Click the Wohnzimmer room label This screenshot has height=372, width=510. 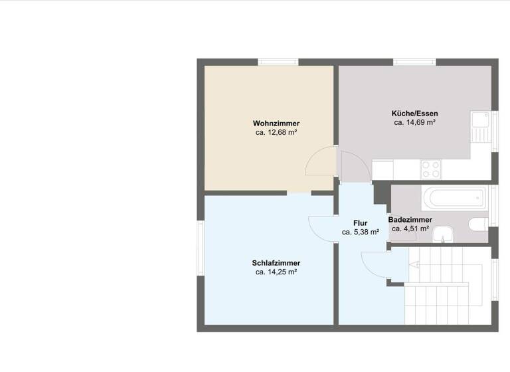(276, 124)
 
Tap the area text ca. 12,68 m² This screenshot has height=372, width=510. (276, 133)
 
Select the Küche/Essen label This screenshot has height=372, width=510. (414, 113)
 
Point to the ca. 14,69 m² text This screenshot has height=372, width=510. (414, 122)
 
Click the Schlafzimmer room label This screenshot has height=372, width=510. (276, 262)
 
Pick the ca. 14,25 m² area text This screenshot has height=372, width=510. (276, 272)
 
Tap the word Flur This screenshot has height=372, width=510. (360, 223)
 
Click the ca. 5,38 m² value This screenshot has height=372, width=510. (360, 232)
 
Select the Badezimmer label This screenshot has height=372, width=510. (410, 219)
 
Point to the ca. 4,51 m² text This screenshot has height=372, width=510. (410, 229)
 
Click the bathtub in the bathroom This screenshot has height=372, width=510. (458, 197)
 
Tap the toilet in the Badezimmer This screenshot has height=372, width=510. (478, 224)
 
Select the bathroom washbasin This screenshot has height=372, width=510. (444, 234)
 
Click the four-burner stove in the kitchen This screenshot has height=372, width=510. (430, 169)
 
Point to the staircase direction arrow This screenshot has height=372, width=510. (414, 264)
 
